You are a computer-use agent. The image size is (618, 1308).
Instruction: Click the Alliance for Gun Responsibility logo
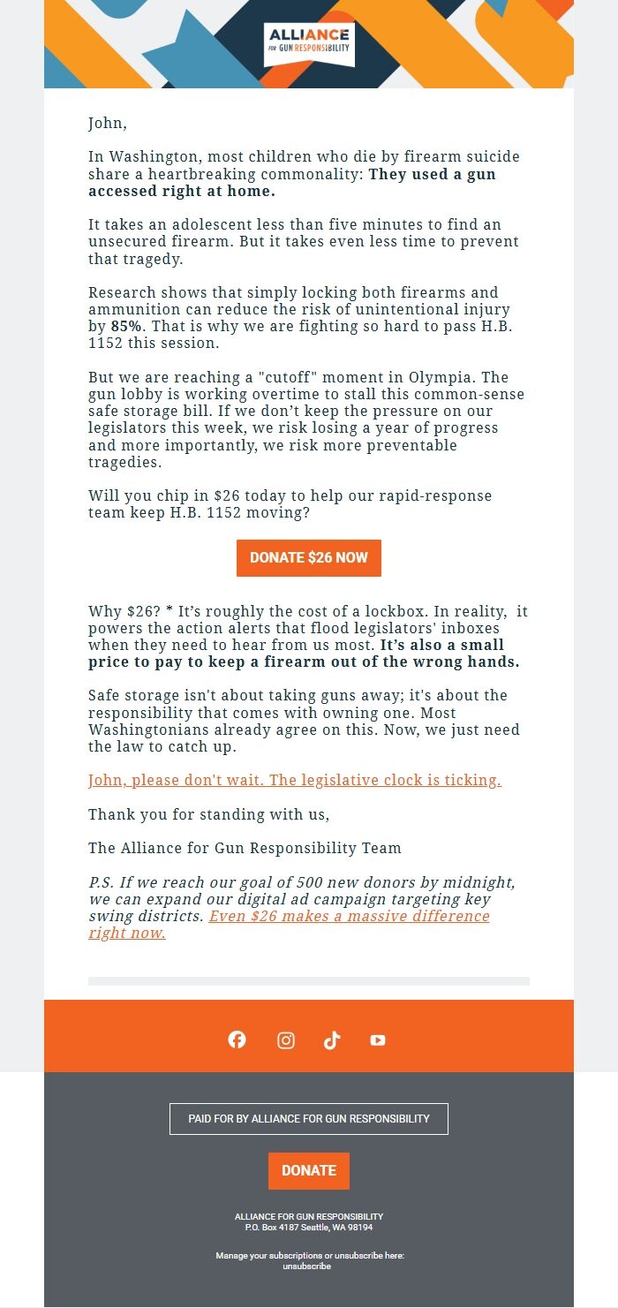pos(309,44)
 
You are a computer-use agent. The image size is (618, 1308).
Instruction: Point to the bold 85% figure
pos(126,326)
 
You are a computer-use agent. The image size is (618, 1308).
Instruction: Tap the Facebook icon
pos(237,1040)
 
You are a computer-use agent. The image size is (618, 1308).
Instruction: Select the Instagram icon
pos(286,1040)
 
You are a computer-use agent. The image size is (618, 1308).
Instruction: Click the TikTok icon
pos(332,1040)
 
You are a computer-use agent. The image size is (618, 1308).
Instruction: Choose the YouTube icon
pos(378,1040)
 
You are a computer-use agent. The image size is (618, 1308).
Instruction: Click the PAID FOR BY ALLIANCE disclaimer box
pos(309,1118)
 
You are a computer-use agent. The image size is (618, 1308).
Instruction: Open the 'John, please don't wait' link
pos(295,781)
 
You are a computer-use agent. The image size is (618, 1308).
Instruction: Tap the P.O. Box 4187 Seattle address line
pos(309,1228)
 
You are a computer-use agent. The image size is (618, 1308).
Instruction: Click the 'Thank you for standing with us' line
pos(208,814)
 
